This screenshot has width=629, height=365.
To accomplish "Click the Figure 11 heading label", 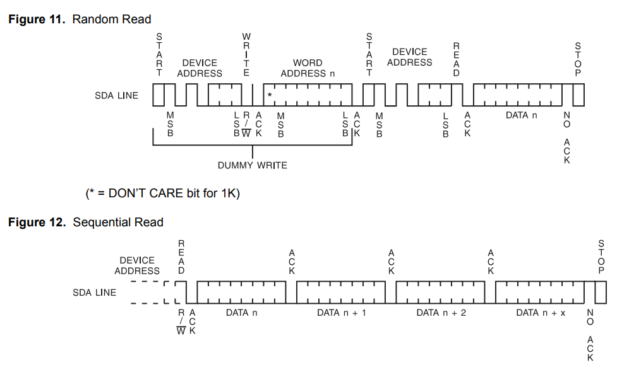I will click(79, 20).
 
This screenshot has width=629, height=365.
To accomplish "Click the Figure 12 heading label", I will click(85, 222).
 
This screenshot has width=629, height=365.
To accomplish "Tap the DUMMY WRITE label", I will click(252, 165).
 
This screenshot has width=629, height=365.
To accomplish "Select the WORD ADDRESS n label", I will click(308, 68).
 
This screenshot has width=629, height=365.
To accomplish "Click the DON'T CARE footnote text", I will click(162, 194).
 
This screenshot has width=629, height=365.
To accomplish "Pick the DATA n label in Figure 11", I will click(521, 115).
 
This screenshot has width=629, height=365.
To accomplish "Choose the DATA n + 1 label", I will click(341, 313).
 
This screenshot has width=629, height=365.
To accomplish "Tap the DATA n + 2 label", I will click(441, 313).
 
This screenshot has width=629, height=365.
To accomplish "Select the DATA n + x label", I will click(541, 313).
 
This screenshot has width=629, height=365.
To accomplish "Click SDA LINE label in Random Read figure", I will click(116, 96).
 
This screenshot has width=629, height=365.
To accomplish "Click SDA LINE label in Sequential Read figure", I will click(95, 293).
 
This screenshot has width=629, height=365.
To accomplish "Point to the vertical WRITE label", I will click(246, 55).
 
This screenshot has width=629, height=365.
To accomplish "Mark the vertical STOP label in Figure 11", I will click(577, 60).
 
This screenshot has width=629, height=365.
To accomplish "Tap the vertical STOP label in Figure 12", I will click(601, 257).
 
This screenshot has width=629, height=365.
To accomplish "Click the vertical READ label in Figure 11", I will click(457, 60).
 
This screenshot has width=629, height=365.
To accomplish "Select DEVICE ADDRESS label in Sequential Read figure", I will click(137, 265).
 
